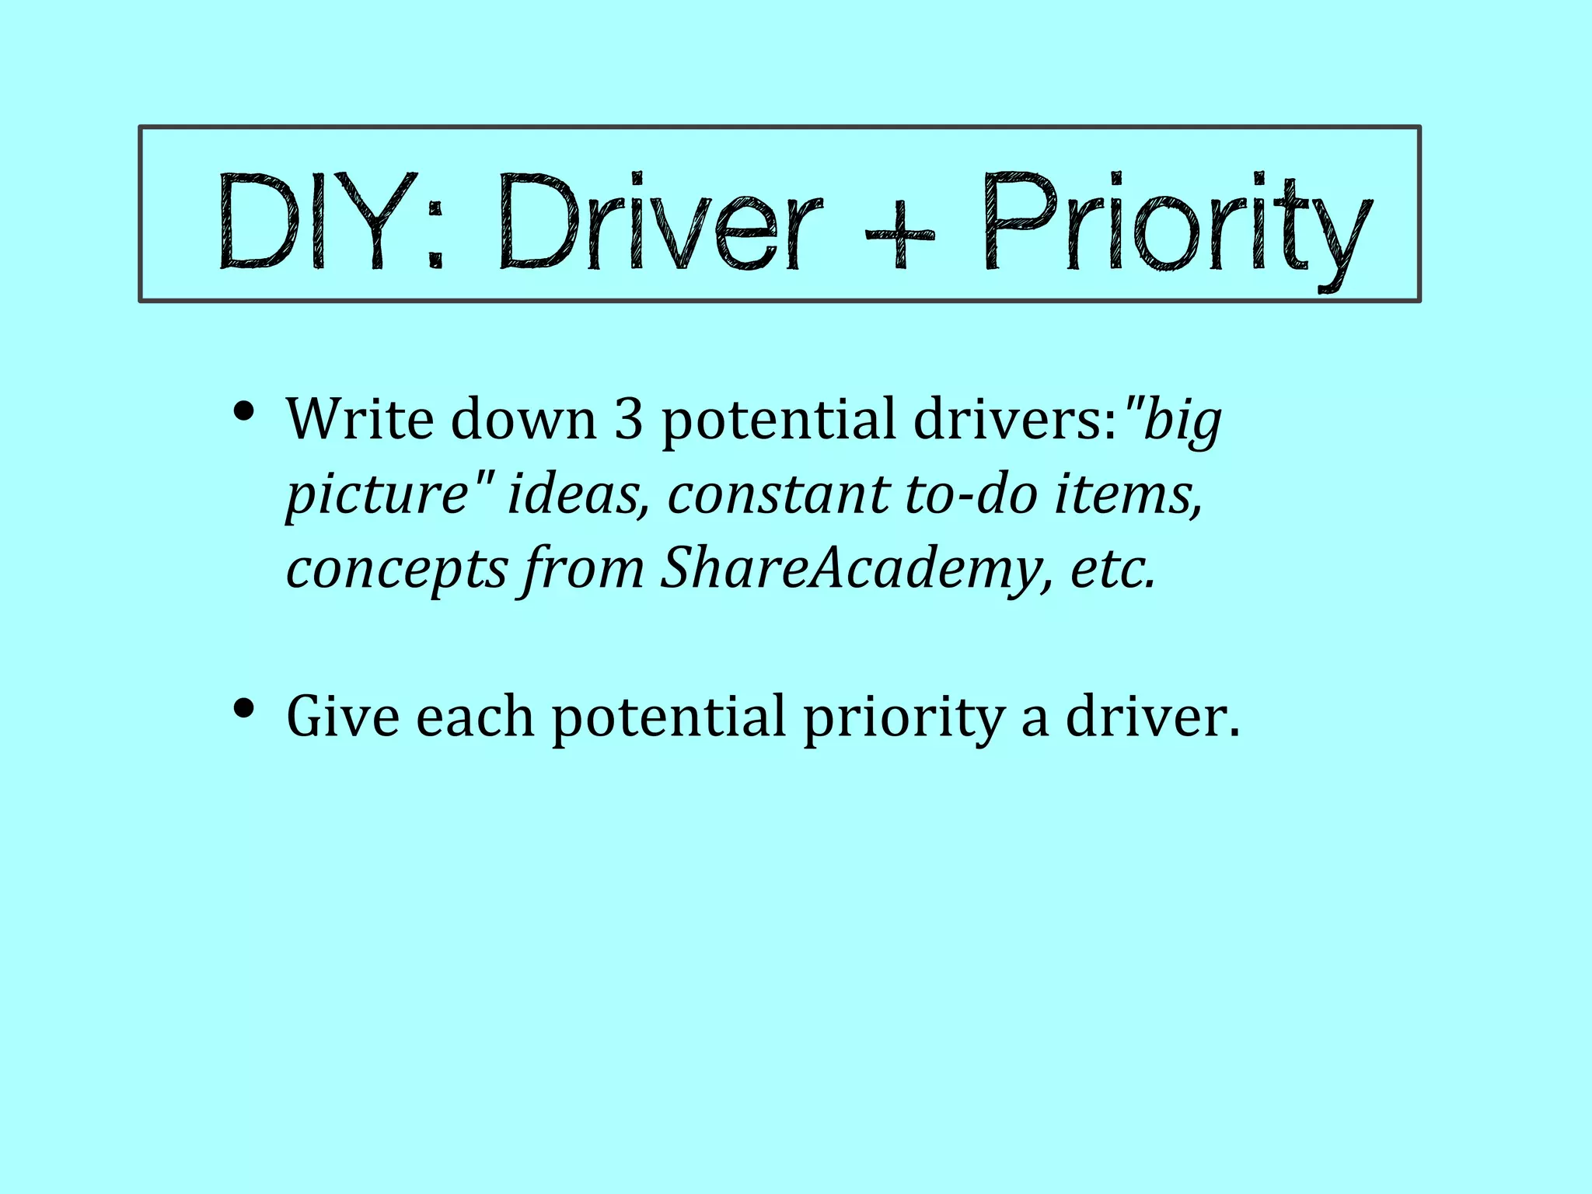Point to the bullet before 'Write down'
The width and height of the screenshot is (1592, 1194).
[x=245, y=411]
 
